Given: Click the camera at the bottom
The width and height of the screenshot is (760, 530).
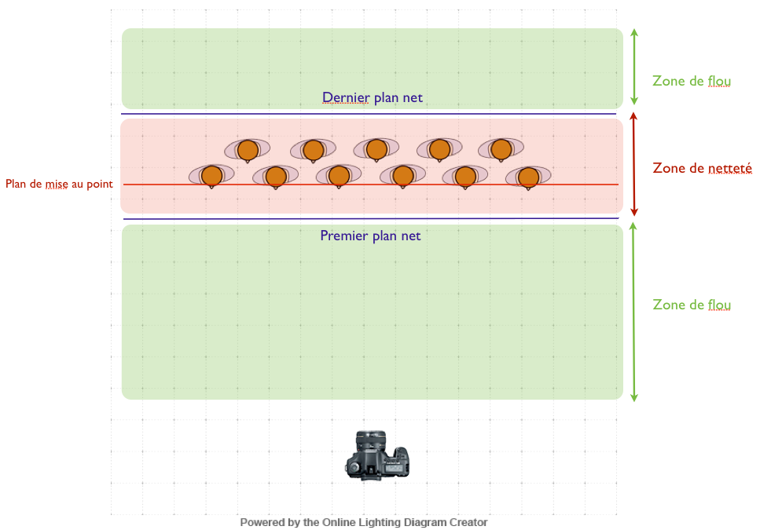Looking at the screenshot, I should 378,455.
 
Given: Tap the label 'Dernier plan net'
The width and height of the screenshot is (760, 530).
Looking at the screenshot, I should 372,98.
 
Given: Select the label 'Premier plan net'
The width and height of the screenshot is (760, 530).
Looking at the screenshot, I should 370,236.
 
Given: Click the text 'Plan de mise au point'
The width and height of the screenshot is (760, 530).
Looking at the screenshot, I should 59,185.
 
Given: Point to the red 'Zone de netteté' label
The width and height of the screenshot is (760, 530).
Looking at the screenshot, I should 703,167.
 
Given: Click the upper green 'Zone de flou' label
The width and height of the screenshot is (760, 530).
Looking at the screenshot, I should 692,81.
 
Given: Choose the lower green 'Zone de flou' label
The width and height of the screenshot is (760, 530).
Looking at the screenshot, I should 692,305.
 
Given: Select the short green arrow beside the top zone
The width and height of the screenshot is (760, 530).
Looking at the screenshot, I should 634,67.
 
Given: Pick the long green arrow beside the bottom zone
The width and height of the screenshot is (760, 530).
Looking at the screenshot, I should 634,312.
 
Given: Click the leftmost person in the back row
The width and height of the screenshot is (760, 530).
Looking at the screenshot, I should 248,148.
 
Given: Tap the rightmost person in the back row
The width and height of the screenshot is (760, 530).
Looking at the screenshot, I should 501,148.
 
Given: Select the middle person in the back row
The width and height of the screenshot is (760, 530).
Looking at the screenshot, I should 376,148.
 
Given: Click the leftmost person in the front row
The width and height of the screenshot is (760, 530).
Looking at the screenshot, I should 211,177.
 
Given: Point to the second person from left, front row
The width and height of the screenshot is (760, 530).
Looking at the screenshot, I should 275,177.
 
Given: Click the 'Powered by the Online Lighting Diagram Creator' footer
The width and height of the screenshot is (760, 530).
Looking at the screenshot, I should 363,522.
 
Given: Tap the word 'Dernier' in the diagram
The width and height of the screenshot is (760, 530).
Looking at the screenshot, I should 343,98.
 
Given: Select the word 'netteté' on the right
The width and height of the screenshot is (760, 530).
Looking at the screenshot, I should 729,167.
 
